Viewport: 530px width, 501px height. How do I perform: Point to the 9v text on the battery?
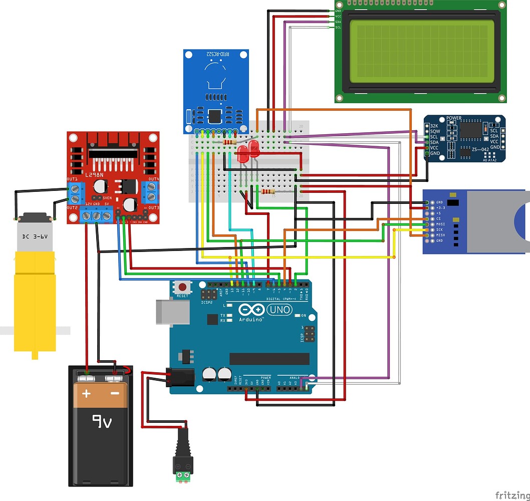pos(101,422)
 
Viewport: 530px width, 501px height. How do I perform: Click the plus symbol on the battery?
pos(87,393)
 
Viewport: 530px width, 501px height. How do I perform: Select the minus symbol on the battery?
pos(115,393)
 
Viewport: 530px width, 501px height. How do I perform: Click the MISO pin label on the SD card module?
pos(439,235)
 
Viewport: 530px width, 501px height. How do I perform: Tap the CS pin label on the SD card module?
pos(438,219)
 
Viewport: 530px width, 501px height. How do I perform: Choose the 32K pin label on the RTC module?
pos(434,126)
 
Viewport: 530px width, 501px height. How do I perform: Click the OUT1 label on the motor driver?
pos(72,179)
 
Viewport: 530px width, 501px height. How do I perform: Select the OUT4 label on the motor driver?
pos(153,179)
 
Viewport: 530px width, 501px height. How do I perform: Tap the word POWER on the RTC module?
pos(454,119)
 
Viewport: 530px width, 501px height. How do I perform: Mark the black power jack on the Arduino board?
pos(176,376)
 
